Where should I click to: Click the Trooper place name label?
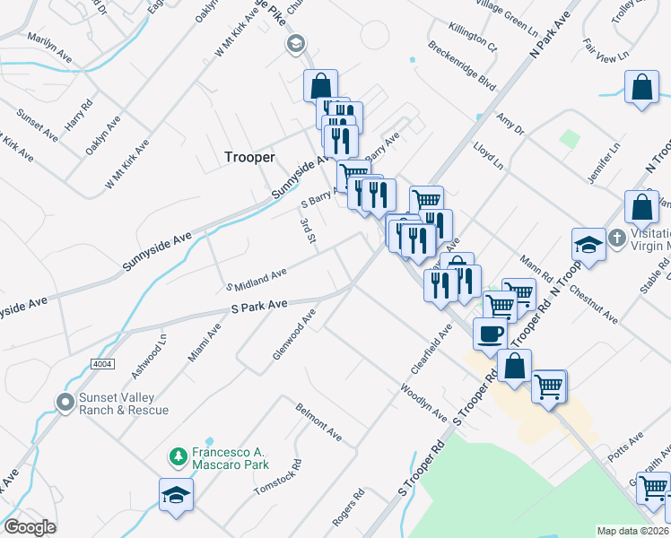(249, 157)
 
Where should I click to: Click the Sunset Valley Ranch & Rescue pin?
(65, 403)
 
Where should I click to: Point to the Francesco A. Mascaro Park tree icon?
(179, 457)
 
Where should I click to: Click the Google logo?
(30, 527)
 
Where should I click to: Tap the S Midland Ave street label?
(260, 279)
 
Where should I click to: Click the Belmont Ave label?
(319, 421)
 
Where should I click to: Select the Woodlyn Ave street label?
(423, 403)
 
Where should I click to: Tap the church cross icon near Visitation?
(617, 239)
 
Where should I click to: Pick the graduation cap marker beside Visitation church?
(588, 244)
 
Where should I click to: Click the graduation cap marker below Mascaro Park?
(176, 494)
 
